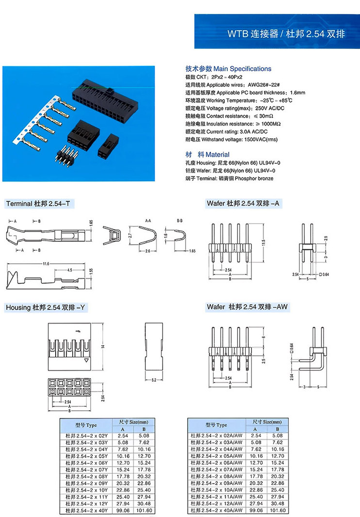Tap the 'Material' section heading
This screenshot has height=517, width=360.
click(219, 155)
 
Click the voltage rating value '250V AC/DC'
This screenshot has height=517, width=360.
click(269, 108)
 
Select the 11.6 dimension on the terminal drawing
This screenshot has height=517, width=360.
click(46, 264)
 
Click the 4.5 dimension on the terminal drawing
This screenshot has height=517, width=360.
click(70, 270)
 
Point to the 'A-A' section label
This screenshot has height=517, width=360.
click(148, 220)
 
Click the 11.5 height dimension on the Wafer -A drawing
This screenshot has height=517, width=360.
click(264, 242)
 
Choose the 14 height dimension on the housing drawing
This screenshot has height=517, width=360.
click(103, 346)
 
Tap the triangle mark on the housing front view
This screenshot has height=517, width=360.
click(86, 361)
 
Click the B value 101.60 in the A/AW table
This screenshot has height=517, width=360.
click(278, 511)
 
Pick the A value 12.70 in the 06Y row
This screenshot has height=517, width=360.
click(123, 463)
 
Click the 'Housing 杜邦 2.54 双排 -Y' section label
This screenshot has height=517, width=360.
click(47, 307)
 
